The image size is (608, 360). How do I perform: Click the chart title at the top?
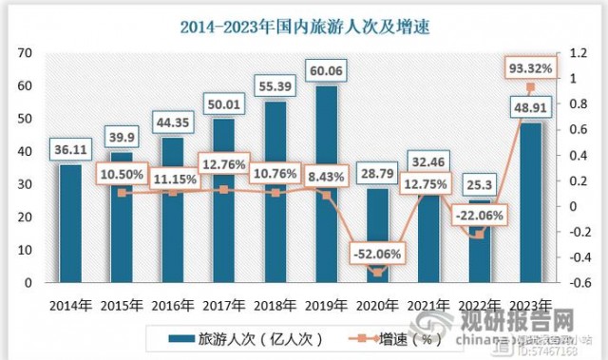pyautogui.click(x=303, y=27)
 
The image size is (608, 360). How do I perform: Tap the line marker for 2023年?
pyautogui.click(x=529, y=87)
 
